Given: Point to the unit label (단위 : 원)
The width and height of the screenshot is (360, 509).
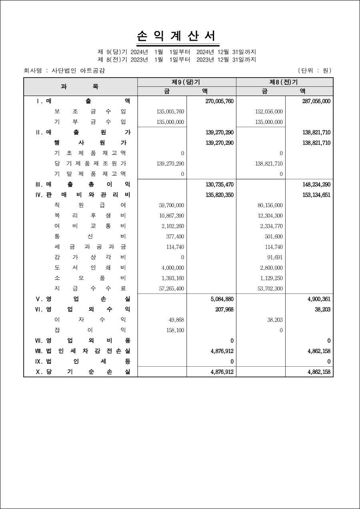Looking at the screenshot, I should pos(314,71).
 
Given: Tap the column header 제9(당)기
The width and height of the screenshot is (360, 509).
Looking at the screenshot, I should pos(186,82).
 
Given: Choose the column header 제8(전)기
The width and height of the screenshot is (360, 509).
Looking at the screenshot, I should pos(284,82).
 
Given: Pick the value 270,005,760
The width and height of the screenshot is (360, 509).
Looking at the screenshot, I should pos(219,101).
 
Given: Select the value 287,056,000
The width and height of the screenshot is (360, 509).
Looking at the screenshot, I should pos(316,101).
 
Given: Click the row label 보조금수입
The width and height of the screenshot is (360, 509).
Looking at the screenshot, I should pos(90,112).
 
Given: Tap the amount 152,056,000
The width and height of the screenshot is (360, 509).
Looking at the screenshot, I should pos(268,112).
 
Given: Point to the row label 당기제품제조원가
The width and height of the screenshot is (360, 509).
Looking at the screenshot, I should pos(90,164).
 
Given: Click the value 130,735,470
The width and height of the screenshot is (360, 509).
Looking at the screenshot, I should pos(219,184).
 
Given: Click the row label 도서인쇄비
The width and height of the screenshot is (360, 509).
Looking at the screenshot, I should pos(90,268).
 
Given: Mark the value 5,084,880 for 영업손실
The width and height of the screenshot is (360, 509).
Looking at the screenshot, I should pos(222,299).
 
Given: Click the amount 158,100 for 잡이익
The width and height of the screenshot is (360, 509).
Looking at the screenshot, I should pos(175,330).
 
